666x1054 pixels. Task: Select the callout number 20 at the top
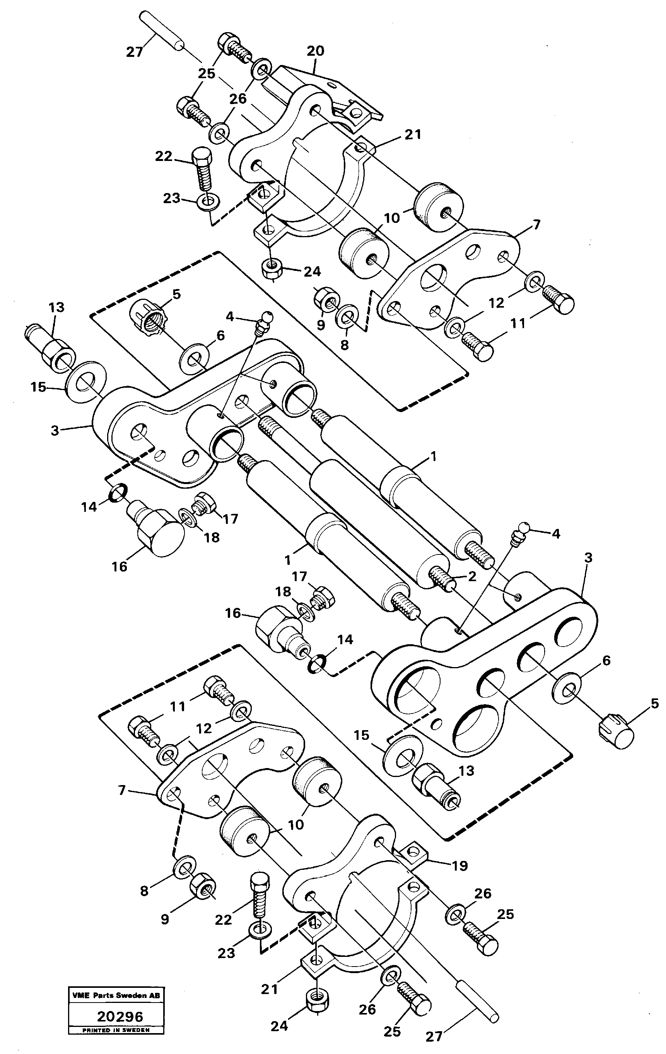[x=316, y=51]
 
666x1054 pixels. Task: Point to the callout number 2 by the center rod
[x=472, y=577]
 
